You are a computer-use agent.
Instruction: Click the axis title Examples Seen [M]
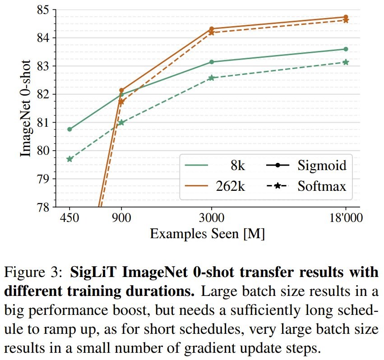tap(207, 234)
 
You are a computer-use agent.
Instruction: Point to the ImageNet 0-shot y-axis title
tap(25, 108)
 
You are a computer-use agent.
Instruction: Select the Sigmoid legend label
tap(322, 165)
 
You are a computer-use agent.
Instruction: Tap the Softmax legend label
tap(322, 185)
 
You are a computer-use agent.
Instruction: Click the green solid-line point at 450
tap(69, 129)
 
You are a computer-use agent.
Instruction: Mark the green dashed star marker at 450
tap(69, 159)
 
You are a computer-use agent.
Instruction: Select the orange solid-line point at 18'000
tap(346, 17)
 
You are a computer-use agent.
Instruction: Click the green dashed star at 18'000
tap(346, 62)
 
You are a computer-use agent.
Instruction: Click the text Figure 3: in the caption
tap(34, 273)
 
